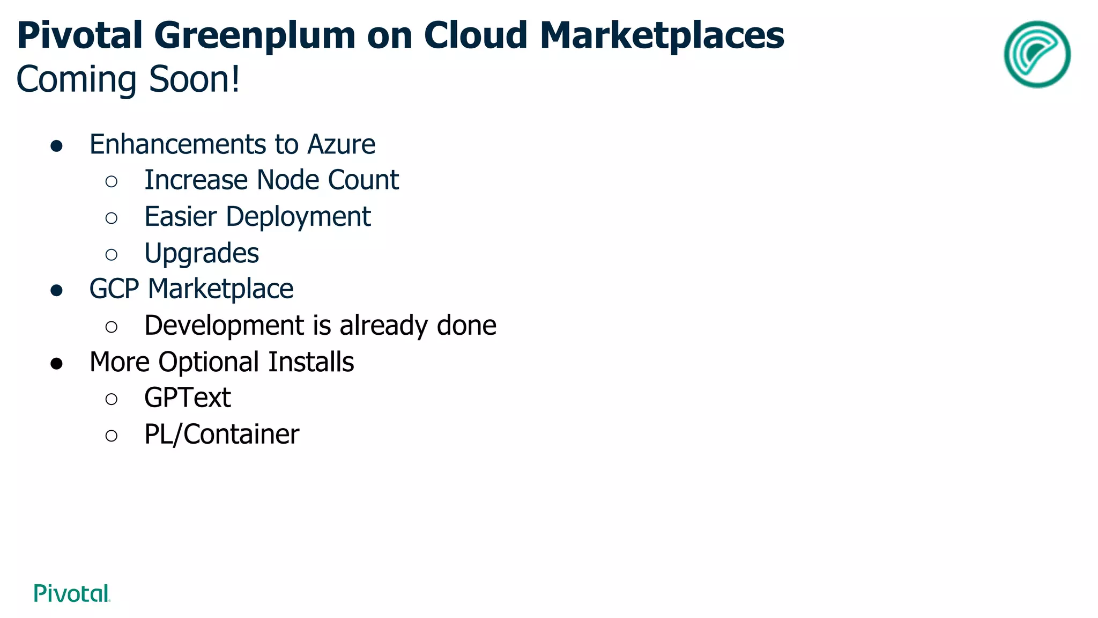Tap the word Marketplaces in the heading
[x=662, y=35]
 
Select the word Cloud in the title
[x=476, y=35]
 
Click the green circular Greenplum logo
[x=1037, y=54]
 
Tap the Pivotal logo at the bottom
[x=72, y=593]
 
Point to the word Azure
[x=341, y=144]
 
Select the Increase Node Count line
[x=271, y=180]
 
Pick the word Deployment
[x=298, y=217]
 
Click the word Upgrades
[x=202, y=253]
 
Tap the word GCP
[x=114, y=289]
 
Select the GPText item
[x=188, y=398]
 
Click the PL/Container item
[x=221, y=435]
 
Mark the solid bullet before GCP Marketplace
[x=56, y=291]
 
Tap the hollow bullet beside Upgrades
[x=112, y=254]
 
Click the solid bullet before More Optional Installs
[x=56, y=364]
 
